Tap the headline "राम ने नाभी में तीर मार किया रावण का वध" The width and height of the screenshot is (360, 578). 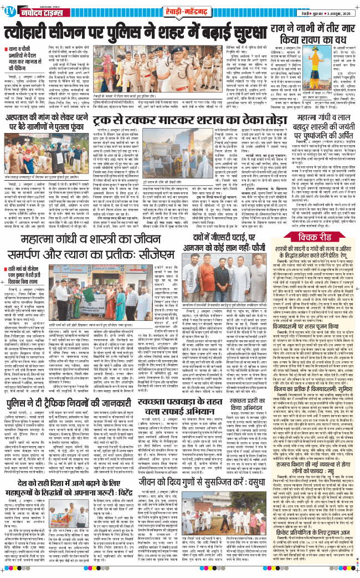[313, 34]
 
